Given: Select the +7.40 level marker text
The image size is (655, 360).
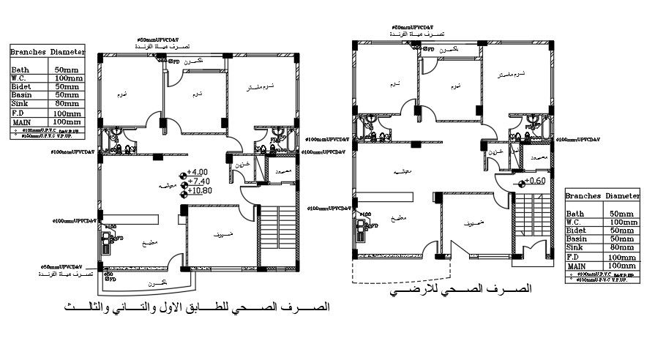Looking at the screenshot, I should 200,181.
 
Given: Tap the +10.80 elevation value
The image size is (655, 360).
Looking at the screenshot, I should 201,191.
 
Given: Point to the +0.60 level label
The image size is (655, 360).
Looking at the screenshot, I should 536,181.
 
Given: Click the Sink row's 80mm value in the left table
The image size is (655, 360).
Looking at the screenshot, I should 67,104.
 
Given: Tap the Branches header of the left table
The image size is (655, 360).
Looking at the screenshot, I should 29,53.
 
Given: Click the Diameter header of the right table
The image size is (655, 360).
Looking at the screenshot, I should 622,197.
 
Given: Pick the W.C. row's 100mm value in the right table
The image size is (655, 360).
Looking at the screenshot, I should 622,222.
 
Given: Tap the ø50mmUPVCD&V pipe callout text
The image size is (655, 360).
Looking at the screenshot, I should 60,267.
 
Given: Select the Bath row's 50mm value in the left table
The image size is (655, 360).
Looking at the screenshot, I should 67,69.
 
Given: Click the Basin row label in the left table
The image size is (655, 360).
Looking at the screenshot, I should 21,95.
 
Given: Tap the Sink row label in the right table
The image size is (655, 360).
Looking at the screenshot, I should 575,248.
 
